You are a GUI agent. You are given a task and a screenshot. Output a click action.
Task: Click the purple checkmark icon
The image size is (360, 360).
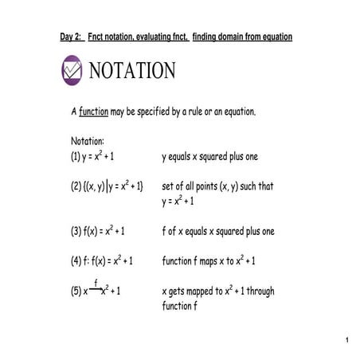[72, 70]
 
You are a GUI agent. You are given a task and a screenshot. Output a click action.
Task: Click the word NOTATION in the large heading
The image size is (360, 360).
[132, 71]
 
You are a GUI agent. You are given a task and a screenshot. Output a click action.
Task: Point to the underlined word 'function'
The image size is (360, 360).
[93, 112]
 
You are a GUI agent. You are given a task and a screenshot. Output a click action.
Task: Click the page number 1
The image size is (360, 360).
[348, 342]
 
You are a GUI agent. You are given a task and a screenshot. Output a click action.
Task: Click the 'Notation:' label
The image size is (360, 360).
[88, 142]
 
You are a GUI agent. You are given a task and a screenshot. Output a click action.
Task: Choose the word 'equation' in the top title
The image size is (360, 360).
[275, 37]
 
